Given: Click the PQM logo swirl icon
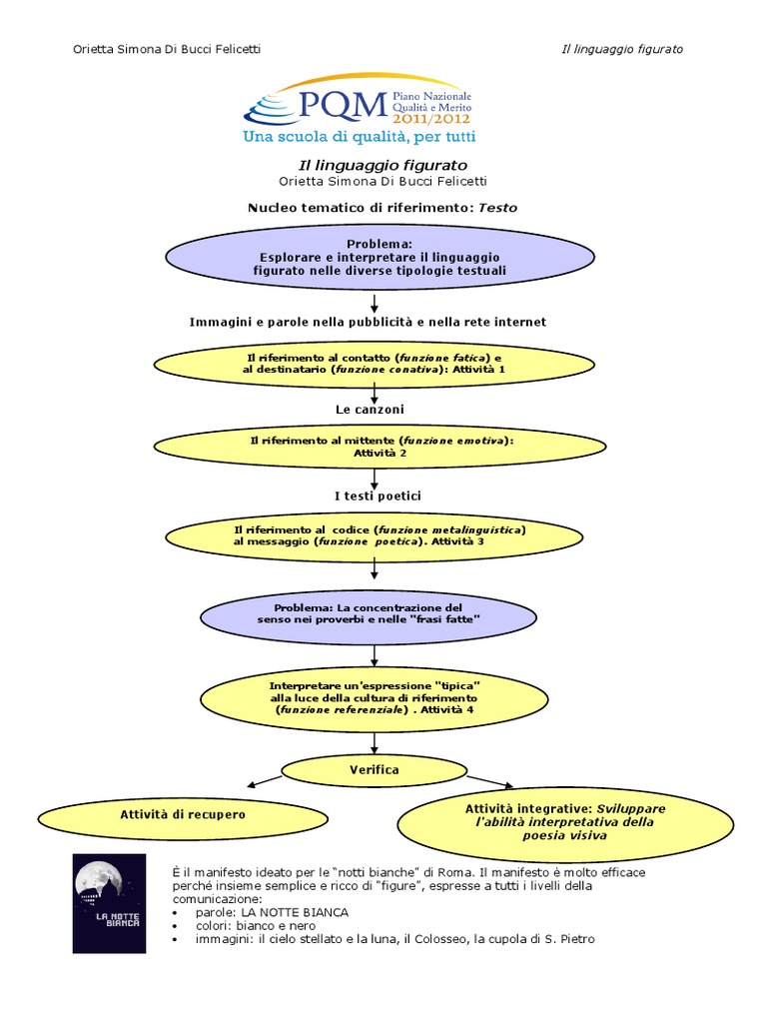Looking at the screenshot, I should (273, 104).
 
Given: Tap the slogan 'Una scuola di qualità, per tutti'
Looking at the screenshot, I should (360, 136).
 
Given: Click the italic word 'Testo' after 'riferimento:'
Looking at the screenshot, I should (498, 207).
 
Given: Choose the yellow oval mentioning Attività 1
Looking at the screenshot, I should (374, 364).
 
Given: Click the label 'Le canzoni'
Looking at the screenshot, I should (370, 409).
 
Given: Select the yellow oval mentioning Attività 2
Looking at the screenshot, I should (380, 447).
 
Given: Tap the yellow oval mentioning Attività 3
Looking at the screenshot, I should (374, 534).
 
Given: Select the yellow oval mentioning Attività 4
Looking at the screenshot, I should (375, 697).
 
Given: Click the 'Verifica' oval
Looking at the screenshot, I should (375, 770).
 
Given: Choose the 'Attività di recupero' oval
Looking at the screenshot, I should (183, 815).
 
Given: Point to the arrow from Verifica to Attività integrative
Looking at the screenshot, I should (489, 780).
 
